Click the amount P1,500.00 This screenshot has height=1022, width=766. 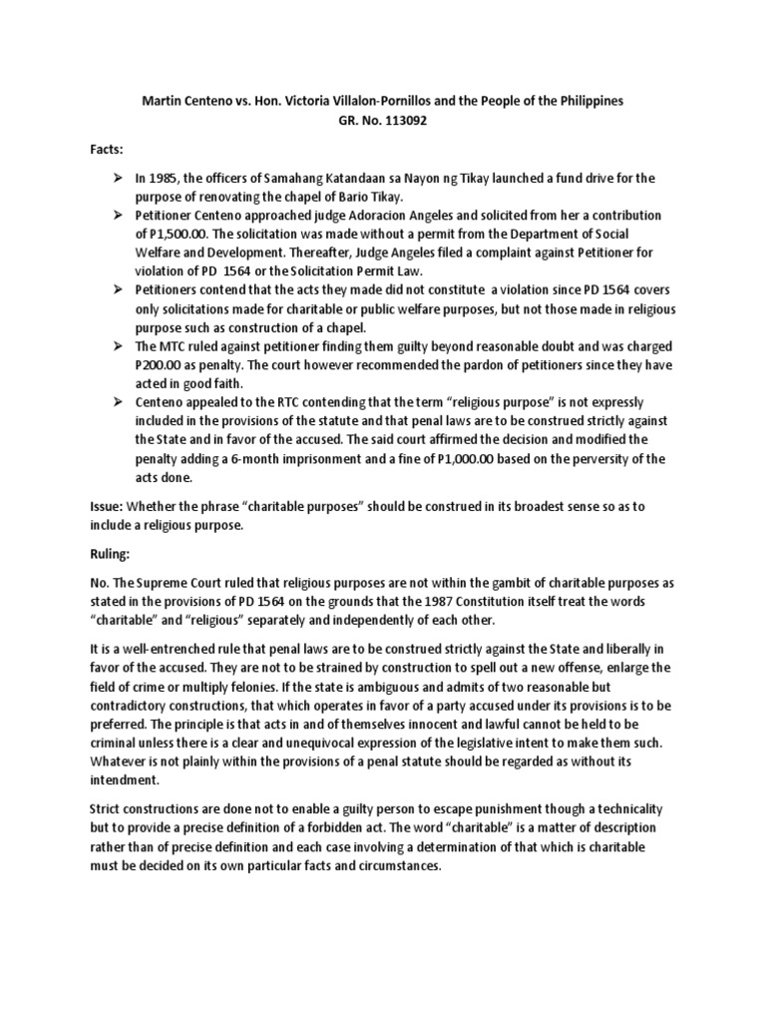[x=183, y=234]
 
